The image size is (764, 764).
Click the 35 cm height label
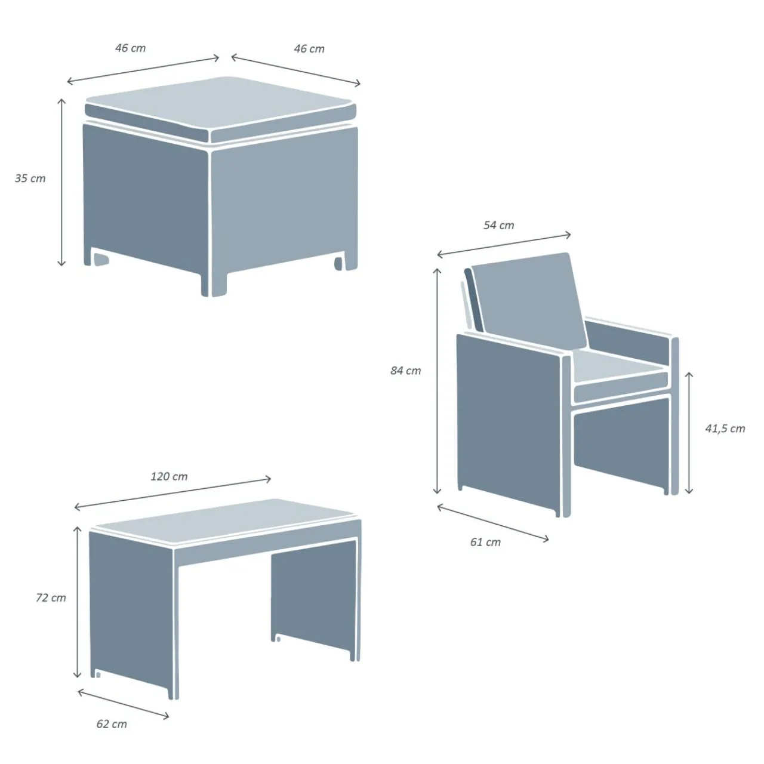click(30, 178)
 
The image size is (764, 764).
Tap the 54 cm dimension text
click(499, 225)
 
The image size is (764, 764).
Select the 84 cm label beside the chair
click(406, 371)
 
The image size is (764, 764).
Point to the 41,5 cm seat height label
click(725, 429)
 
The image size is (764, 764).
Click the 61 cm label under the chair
click(485, 542)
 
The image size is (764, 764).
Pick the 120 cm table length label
click(169, 476)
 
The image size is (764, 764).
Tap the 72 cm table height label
click(51, 597)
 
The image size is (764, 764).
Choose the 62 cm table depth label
click(112, 724)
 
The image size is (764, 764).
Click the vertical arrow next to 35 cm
click(61, 182)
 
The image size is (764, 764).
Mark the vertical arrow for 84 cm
click(437, 381)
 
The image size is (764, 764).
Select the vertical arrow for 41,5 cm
click(689, 433)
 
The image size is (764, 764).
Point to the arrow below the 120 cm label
click(173, 493)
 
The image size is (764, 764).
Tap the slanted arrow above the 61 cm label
click(493, 523)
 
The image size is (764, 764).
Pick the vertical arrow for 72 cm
click(78, 602)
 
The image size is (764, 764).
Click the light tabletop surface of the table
click(226, 520)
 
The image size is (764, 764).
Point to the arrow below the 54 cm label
click(504, 245)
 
